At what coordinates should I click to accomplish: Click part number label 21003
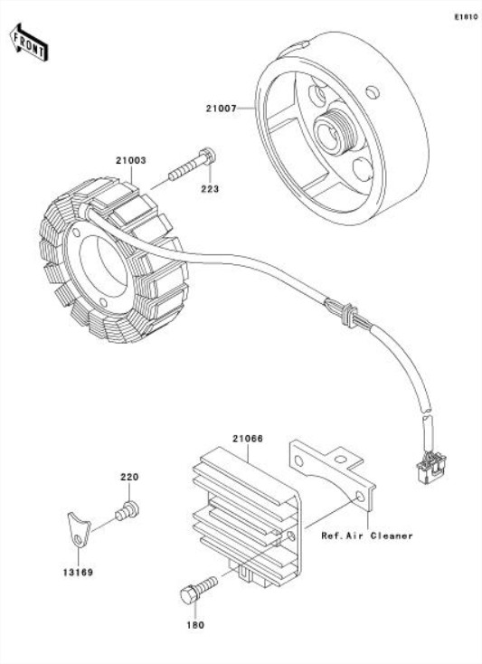[130, 160]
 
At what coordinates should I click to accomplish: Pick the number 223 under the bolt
[210, 189]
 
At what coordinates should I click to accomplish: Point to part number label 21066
[247, 439]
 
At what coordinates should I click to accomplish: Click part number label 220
[129, 477]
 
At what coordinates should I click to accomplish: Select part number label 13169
[77, 572]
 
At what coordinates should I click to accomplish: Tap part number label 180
[195, 625]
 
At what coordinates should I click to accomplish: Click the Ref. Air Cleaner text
[367, 536]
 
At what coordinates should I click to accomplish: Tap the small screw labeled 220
[127, 510]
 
